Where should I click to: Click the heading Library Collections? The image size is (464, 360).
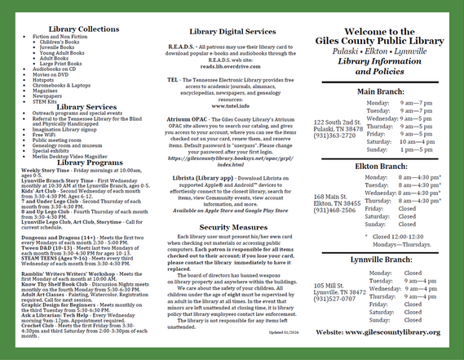pos(82,29)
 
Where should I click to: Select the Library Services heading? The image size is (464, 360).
pos(82,106)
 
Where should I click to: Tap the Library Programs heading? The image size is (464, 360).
pos(82,162)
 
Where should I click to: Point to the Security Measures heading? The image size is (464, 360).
pos(232,227)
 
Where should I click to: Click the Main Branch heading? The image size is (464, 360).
pos(377,92)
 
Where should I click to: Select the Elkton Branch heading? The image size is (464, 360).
pos(377,166)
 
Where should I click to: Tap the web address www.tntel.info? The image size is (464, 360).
pos(232,106)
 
